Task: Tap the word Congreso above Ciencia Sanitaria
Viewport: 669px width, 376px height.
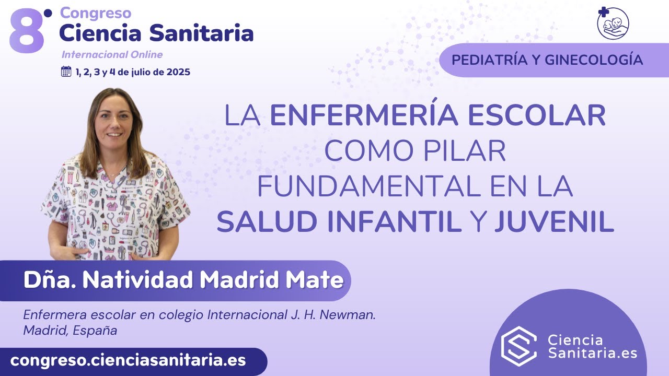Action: [x=95, y=13]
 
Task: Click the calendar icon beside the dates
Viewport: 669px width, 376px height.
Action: [x=66, y=72]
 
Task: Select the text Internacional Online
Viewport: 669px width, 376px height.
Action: [x=112, y=55]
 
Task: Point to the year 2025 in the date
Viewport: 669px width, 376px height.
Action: [x=176, y=72]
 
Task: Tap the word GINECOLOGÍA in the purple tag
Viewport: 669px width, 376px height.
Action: [x=594, y=60]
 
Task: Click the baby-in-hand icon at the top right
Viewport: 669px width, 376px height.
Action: [x=613, y=23]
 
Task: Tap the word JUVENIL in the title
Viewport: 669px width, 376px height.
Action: [x=554, y=222]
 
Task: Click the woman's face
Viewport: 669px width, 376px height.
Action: [x=113, y=122]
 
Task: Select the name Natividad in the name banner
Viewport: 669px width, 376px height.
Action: [x=139, y=280]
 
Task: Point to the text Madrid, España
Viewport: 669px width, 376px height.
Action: [x=70, y=331]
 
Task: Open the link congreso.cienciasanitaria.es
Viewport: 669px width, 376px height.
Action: [x=128, y=360]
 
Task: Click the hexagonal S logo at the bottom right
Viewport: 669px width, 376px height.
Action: [x=519, y=345]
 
